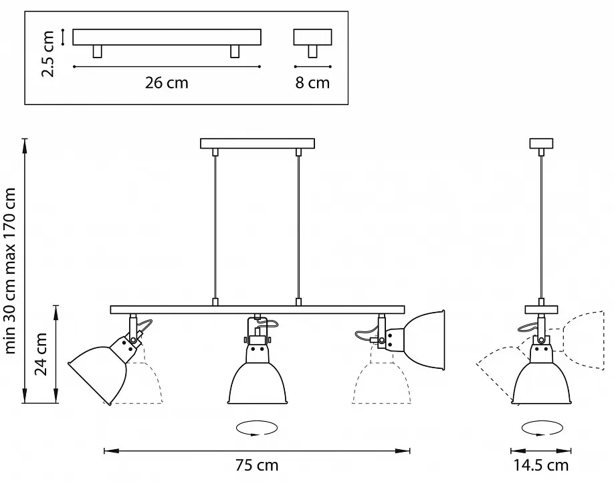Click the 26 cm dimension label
tap(167, 83)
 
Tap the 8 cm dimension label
tap(312, 83)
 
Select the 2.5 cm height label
tap(47, 54)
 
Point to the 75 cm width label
tap(257, 465)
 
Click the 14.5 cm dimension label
tap(541, 465)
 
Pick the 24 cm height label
tap(41, 354)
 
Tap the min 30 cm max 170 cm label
tap(9, 270)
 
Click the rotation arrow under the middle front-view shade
tap(257, 428)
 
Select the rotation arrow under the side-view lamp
tap(542, 428)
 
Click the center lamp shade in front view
tap(258, 382)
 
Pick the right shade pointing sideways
tap(425, 340)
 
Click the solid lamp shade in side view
tap(542, 382)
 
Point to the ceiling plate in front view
tap(258, 143)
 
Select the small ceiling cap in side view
tap(541, 143)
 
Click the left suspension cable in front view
tap(215, 228)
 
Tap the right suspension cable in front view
tap(299, 228)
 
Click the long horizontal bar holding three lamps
tap(258, 310)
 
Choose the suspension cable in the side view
tap(541, 228)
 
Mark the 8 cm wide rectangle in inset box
tap(312, 37)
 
